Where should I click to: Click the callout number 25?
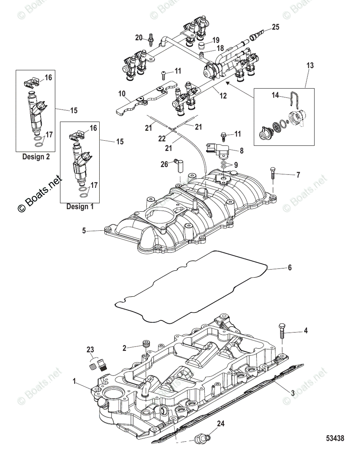(x=276, y=27)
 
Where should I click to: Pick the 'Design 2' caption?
(x=36, y=156)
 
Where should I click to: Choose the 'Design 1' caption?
(x=80, y=206)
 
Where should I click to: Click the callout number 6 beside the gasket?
(x=289, y=268)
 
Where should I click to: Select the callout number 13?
(x=310, y=66)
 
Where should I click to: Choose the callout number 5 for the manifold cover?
(x=84, y=231)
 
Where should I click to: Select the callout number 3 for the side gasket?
(x=292, y=392)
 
